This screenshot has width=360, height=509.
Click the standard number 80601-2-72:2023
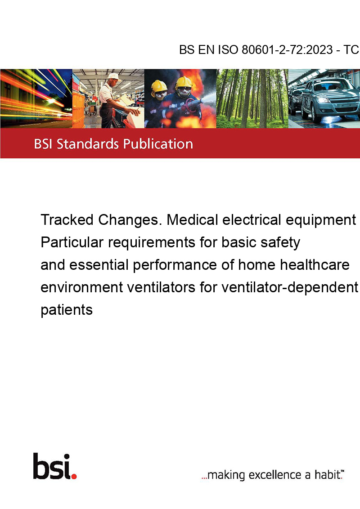click(x=287, y=50)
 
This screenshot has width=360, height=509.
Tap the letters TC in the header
click(x=351, y=50)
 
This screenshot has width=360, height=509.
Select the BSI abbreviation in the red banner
click(x=44, y=144)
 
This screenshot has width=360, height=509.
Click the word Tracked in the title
click(x=67, y=220)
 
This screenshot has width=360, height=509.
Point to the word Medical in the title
click(x=192, y=220)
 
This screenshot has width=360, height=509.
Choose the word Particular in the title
click(x=72, y=242)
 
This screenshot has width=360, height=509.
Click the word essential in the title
click(x=99, y=265)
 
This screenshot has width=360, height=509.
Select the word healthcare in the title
click(x=315, y=265)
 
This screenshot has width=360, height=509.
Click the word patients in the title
click(x=67, y=310)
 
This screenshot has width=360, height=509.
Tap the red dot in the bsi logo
click(x=74, y=476)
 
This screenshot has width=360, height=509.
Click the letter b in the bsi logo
click(x=40, y=466)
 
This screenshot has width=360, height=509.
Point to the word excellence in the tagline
click(x=275, y=475)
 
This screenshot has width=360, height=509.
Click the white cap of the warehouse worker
click(x=114, y=76)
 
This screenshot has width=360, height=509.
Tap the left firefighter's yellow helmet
click(x=159, y=86)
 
